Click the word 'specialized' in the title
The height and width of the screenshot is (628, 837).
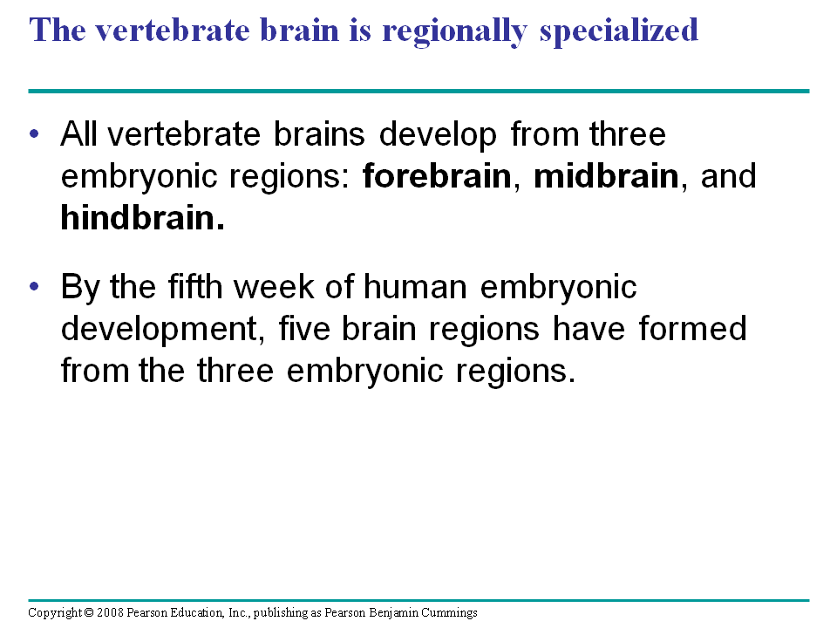[x=619, y=31]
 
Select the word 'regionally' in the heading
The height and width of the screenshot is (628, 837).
[x=455, y=31]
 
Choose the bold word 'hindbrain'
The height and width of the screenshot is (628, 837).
[x=142, y=217]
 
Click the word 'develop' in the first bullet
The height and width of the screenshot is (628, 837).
[x=438, y=135]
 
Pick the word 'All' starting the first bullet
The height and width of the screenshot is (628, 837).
[x=79, y=133]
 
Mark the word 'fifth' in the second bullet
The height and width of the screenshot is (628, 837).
[x=194, y=286]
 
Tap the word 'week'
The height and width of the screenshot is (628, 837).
[x=275, y=286]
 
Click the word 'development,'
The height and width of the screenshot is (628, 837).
[x=163, y=330]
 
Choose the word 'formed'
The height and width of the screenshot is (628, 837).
[x=693, y=328]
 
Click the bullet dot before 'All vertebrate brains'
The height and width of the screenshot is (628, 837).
[x=35, y=133]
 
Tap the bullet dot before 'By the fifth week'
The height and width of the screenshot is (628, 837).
[x=35, y=286]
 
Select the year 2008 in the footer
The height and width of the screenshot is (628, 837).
[x=110, y=612]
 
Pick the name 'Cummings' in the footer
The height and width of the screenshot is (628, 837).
[x=449, y=613]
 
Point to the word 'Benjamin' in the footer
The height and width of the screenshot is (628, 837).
[x=393, y=613]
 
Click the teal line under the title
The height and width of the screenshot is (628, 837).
[x=418, y=92]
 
